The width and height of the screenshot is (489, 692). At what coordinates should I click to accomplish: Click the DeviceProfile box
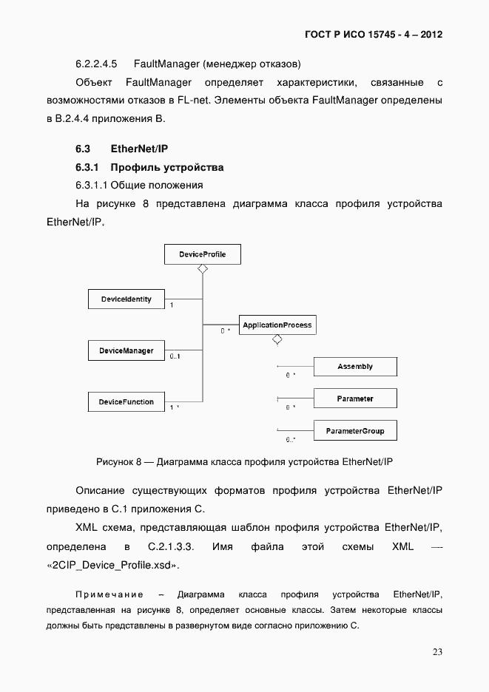202,254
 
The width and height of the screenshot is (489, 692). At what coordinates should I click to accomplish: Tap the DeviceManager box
126,350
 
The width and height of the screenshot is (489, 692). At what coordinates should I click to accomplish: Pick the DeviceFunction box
126,402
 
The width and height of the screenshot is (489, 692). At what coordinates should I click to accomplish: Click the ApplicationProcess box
277,325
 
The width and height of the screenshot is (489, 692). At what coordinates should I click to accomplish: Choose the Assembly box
355,367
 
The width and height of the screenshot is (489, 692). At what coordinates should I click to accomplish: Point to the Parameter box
355,398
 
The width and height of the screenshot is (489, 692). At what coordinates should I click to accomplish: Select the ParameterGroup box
355,431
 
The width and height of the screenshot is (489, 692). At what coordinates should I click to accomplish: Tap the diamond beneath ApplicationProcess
277,339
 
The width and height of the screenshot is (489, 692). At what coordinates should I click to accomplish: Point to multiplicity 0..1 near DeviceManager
175,357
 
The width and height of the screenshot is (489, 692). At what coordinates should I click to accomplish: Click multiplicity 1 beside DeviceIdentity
172,305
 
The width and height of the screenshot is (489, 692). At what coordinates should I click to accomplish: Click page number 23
437,651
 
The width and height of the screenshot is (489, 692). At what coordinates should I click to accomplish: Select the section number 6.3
83,149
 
